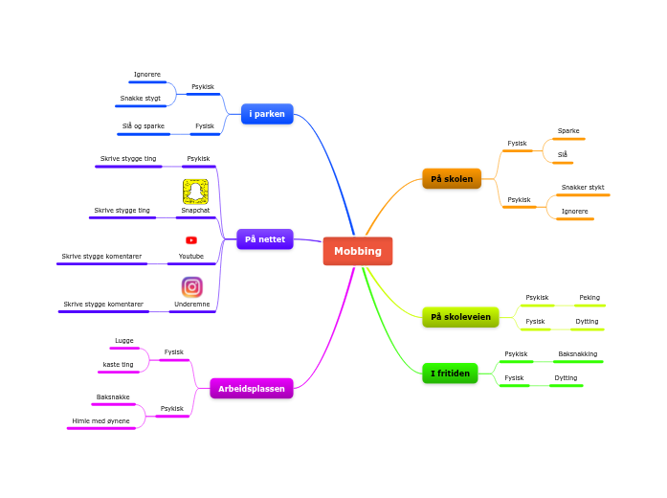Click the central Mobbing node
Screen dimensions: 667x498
coord(358,251)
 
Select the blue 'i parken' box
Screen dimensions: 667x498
coord(267,114)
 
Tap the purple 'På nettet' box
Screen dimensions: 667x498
coord(265,239)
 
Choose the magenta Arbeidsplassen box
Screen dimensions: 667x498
coord(252,389)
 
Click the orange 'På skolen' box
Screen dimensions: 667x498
coord(452,179)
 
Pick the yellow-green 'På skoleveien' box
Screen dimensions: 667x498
coord(460,317)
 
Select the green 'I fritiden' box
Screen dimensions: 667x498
coord(450,373)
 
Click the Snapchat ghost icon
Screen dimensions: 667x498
coord(195,192)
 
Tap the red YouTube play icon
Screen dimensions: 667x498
coord(191,240)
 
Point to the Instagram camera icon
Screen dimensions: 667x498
coord(191,287)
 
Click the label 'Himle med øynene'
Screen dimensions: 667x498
coord(100,421)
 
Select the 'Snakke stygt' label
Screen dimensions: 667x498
coord(141,99)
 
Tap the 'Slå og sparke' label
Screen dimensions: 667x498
coord(144,126)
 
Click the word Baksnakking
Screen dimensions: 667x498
coord(578,354)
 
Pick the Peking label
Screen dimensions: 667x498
coord(589,298)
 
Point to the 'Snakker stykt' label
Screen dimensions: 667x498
coord(583,188)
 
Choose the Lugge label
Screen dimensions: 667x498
coord(124,341)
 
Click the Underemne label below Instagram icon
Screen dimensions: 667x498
coord(191,305)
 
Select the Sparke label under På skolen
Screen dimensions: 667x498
coord(568,131)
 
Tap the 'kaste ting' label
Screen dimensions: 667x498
coord(119,364)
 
